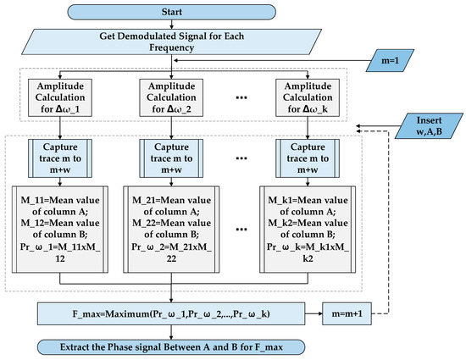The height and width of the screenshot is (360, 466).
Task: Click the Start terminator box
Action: pos(172,11)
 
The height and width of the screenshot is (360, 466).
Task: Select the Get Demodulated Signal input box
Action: pos(172,43)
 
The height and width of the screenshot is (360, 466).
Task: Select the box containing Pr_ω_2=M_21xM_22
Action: pos(172,234)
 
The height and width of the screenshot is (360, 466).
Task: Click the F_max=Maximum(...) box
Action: pos(173,313)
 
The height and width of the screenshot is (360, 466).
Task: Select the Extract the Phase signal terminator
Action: pos(173,346)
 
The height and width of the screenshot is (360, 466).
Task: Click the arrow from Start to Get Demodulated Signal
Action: pos(172,25)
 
